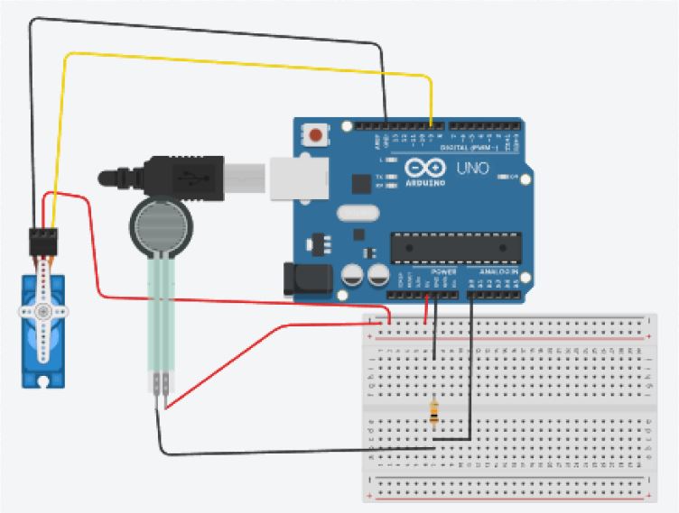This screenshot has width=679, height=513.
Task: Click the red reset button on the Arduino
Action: tap(315, 136)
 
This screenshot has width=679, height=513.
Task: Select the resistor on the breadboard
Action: tap(435, 412)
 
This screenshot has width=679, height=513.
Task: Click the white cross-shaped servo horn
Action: tap(42, 312)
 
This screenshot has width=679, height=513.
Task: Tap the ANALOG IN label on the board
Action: tap(498, 270)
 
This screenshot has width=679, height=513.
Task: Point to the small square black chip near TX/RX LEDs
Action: tap(361, 184)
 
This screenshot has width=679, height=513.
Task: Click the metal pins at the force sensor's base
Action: tap(161, 385)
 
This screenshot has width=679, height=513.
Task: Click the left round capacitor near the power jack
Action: tap(354, 274)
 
